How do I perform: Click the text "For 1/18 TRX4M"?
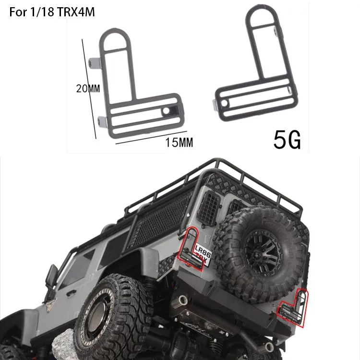coord(52,12)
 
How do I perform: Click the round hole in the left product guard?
coord(166,111)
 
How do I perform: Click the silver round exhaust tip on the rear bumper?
coord(183,301)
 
